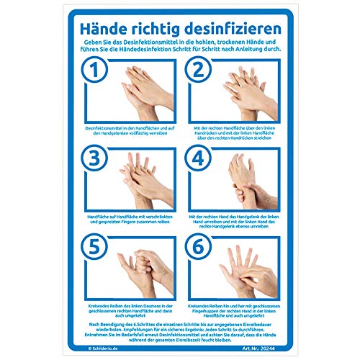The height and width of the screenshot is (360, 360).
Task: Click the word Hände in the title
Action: (x=109, y=30)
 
